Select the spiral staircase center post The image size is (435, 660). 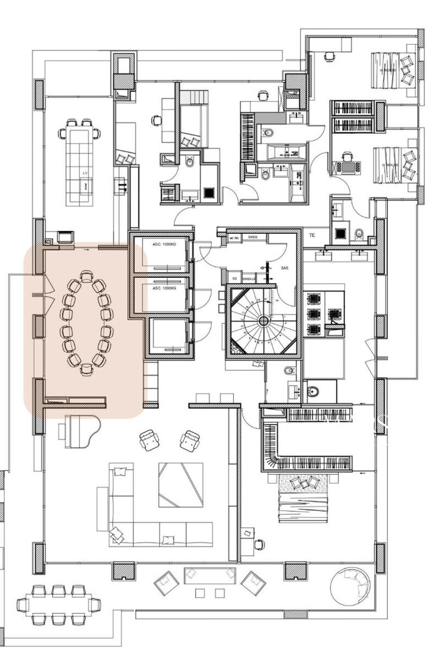coord(263,321)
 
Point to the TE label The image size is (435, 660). coord(312,236)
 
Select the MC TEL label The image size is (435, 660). coord(234,238)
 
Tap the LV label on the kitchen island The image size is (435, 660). coord(84,173)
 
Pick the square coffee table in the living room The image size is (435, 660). coord(181,484)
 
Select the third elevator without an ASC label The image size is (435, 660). coord(169,337)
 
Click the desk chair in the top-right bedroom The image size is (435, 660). coord(330,55)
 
